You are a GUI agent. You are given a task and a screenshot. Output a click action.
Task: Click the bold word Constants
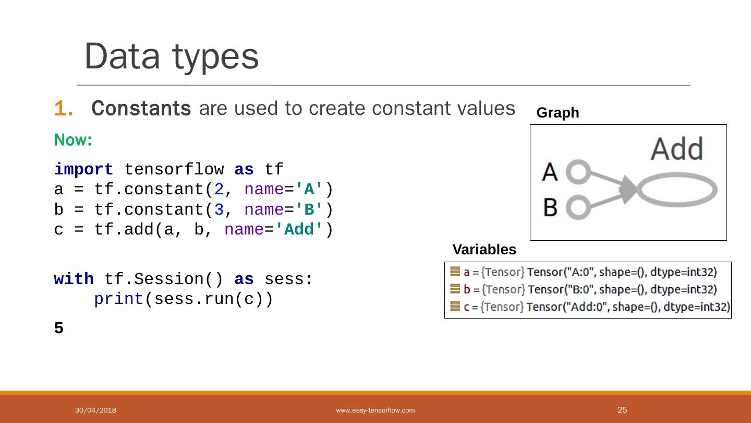coord(141,109)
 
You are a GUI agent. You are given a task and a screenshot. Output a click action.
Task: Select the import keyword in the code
coord(83,170)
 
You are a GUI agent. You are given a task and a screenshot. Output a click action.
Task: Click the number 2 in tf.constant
coord(219,190)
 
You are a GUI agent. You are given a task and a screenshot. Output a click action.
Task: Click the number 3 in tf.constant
coord(219,209)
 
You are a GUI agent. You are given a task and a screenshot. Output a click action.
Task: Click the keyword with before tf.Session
coord(74,279)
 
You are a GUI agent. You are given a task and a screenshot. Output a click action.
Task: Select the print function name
coord(118,299)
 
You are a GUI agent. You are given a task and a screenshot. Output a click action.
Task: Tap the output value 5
coord(59,328)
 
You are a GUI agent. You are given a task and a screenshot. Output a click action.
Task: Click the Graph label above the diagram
coord(558,113)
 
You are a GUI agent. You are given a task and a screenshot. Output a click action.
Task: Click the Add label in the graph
coord(677,149)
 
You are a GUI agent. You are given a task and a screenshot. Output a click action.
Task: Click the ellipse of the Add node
coord(677,191)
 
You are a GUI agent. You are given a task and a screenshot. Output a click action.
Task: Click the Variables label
coord(484,250)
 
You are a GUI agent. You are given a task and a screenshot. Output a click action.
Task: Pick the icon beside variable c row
coord(455,307)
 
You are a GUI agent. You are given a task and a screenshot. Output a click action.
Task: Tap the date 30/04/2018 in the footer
coord(95,410)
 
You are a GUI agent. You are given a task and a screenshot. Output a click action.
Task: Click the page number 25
coord(622,410)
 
